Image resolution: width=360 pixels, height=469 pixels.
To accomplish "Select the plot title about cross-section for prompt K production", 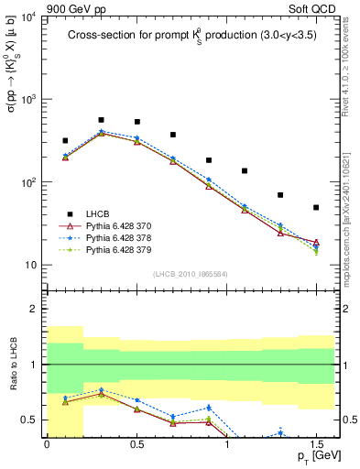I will click(192, 37).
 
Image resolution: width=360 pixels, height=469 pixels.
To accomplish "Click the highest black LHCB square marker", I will click(101, 120).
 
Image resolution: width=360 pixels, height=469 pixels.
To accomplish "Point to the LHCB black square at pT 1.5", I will click(316, 208).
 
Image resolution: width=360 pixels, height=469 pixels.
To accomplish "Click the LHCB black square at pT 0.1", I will click(65, 141).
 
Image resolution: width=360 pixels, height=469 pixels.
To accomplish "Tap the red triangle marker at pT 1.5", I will click(316, 243).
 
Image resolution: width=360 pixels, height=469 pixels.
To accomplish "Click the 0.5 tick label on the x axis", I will click(136, 442).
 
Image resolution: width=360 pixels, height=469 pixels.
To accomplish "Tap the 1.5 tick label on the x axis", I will click(316, 442).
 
